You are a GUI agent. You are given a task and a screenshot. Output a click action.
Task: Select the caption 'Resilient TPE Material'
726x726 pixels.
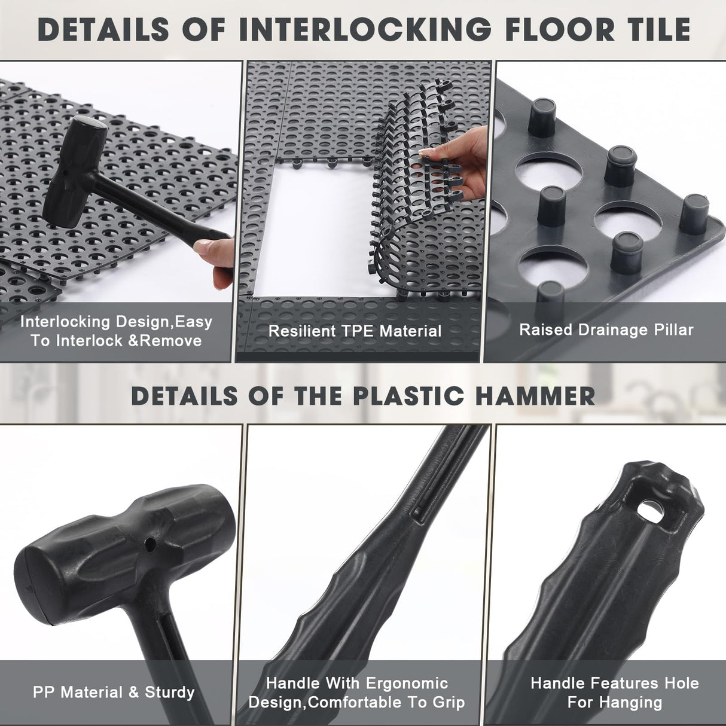click(355, 331)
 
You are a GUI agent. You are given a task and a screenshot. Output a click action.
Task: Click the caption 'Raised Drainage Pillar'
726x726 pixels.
click(606, 330)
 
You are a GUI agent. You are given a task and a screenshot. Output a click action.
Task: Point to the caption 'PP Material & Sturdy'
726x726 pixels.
click(114, 693)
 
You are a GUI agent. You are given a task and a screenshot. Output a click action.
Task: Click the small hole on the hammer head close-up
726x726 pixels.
click(152, 545)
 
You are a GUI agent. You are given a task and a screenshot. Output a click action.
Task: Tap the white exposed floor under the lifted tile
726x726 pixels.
click(317, 239)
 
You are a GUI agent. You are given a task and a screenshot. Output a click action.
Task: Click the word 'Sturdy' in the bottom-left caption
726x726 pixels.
click(170, 693)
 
